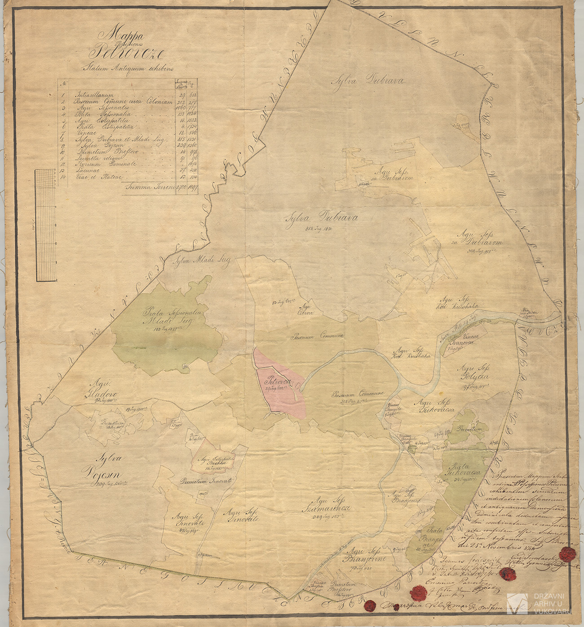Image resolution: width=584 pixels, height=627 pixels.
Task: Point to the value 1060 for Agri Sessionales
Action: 181,108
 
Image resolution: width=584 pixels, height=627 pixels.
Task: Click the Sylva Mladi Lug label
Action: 202,261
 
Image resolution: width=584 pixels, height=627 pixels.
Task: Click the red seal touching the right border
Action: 567,554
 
